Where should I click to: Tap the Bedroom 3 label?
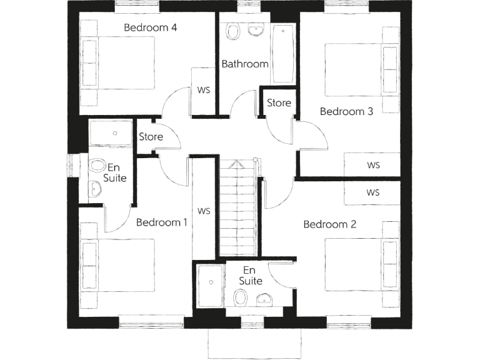[x=346, y=112]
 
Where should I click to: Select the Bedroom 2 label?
[x=329, y=224]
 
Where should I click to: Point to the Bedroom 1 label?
[x=161, y=222]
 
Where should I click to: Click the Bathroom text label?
[x=245, y=64]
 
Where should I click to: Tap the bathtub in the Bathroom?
[x=282, y=54]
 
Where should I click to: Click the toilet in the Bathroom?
[x=234, y=32]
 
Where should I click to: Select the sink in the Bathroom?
[x=256, y=30]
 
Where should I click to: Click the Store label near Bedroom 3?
[x=279, y=102]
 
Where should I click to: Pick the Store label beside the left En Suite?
[x=151, y=136]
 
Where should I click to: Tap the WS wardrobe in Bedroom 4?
[x=204, y=89]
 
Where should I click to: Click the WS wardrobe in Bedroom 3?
[x=373, y=165]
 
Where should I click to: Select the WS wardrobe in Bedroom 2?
[x=373, y=192]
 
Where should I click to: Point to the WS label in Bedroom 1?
[x=204, y=211]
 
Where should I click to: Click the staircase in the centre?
[x=237, y=209]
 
